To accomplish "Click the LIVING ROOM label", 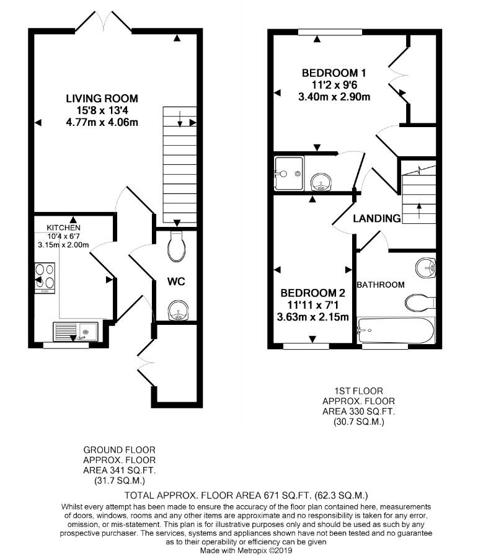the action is pos(102,98).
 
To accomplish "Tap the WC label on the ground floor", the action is pos(176,281).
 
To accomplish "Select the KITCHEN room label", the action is pos(64,228).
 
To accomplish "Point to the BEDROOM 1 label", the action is pos(334,73).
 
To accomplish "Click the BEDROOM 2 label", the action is pos(313,293).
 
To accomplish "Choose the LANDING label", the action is pos(377,218).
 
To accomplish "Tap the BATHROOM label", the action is pos(381,285).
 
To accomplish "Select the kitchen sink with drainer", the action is pos(76,332).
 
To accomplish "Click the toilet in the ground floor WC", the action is pos(177,246).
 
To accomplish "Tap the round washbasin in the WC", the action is pos(177,311).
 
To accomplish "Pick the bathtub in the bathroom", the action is pos(396,330).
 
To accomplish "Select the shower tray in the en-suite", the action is pos(289,174).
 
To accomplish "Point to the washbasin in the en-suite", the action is pos(321,182).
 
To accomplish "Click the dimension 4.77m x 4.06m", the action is pos(102,122).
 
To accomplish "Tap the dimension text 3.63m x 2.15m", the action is pos(313,317).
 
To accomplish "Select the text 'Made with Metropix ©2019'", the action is pos(246,551).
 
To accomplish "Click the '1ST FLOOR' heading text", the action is pos(359,391).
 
